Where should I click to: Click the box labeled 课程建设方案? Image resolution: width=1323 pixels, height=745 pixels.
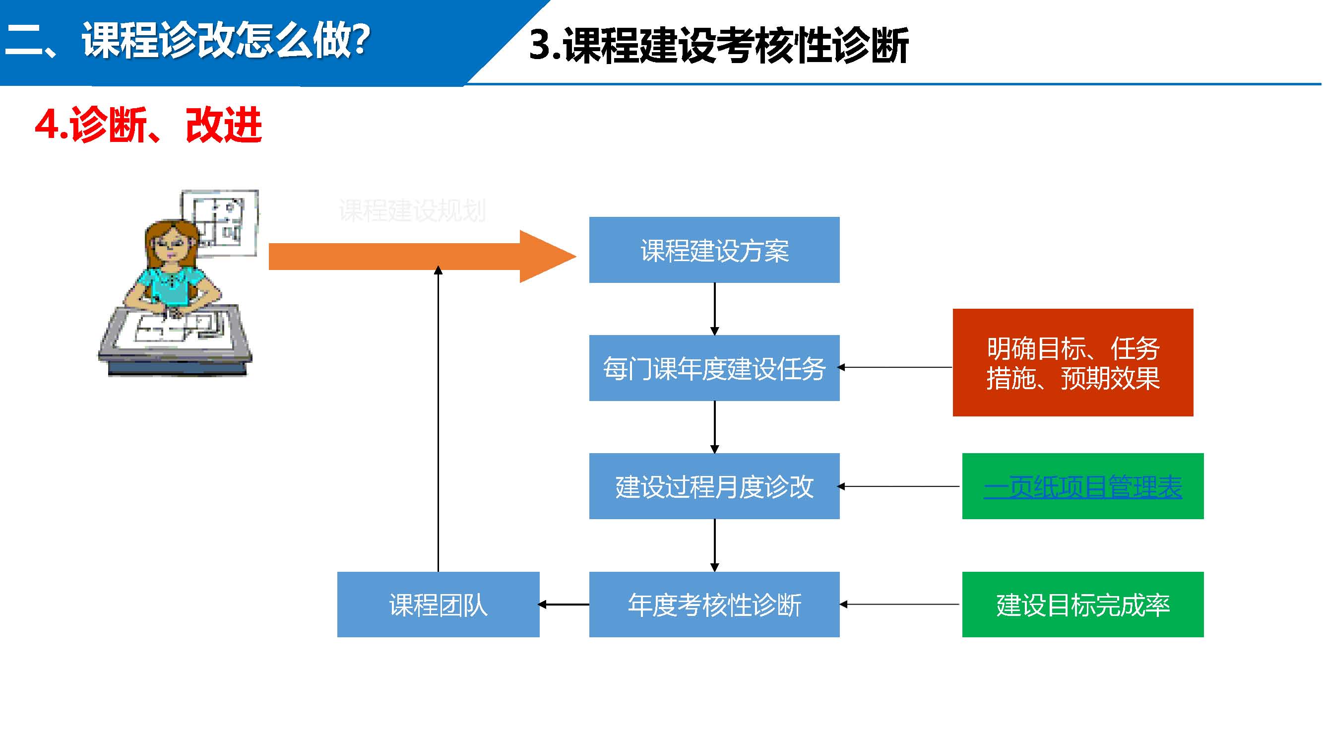714,250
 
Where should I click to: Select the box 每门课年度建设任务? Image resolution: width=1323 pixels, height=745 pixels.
714,368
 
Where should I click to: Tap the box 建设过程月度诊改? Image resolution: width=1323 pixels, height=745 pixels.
714,486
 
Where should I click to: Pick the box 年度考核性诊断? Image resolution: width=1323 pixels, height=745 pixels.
714,604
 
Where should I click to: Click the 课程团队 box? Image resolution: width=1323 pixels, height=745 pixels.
438,604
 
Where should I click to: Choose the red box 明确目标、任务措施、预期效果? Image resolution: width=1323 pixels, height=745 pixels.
1073,362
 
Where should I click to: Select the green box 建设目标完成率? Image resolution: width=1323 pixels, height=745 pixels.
1082,604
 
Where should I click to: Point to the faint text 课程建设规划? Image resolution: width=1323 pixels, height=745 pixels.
412,210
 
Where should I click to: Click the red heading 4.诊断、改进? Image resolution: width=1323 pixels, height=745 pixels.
148,125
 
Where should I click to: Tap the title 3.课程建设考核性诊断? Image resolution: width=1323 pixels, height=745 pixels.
718,45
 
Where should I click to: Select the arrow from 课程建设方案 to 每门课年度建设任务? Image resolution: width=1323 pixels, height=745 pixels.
714,308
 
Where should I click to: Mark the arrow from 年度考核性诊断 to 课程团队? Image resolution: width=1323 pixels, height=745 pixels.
564,604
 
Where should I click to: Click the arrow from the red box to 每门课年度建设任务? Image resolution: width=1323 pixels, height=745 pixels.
896,367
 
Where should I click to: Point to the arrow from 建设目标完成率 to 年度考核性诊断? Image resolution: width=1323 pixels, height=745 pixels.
900,604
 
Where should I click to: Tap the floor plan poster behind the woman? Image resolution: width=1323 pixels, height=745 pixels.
226,218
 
